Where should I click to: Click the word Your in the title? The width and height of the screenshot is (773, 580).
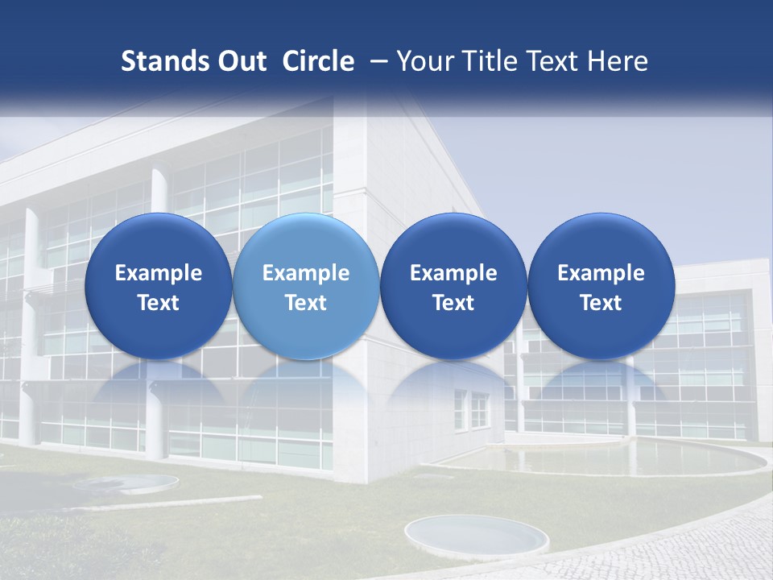[422, 61]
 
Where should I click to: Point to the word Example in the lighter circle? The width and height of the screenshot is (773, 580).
[306, 273]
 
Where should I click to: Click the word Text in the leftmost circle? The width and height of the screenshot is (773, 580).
[159, 303]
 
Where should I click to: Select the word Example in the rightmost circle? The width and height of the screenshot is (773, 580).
[601, 273]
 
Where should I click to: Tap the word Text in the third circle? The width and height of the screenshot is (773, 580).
[453, 303]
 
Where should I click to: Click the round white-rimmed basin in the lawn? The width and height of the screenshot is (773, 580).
[477, 534]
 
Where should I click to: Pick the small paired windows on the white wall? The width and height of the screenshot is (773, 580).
[470, 409]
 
